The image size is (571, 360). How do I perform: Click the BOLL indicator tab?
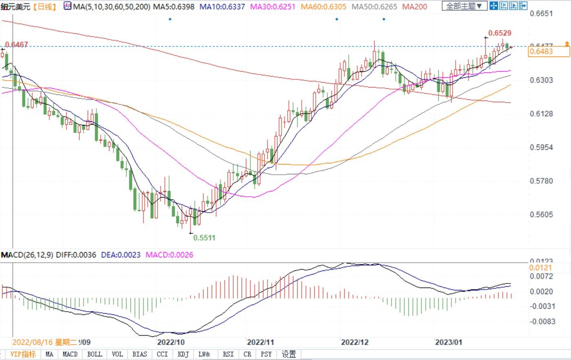pyautogui.click(x=94, y=354)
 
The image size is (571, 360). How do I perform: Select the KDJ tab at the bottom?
pyautogui.click(x=183, y=354)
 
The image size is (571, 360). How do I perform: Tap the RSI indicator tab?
pyautogui.click(x=228, y=354)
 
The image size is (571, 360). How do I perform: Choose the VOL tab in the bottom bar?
pyautogui.click(x=117, y=354)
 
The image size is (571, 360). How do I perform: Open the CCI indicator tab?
pyautogui.click(x=162, y=354)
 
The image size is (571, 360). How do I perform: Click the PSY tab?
pyautogui.click(x=266, y=354)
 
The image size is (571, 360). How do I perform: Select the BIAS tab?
pyautogui.click(x=140, y=354)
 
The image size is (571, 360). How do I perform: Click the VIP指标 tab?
pyautogui.click(x=23, y=354)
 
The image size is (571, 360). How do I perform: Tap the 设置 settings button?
pyautogui.click(x=289, y=354)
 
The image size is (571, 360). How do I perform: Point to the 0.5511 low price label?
pyautogui.click(x=204, y=238)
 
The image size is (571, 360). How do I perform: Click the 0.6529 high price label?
pyautogui.click(x=500, y=33)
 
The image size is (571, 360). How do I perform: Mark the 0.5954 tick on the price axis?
pyautogui.click(x=542, y=147)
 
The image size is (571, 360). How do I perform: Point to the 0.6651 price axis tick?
pyautogui.click(x=542, y=13)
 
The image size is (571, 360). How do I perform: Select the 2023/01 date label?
pyautogui.click(x=448, y=342)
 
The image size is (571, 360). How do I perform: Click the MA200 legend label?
pyautogui.click(x=415, y=7)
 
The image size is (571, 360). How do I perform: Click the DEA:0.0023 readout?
pyautogui.click(x=121, y=255)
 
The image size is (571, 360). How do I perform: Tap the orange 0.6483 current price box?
pyautogui.click(x=548, y=51)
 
